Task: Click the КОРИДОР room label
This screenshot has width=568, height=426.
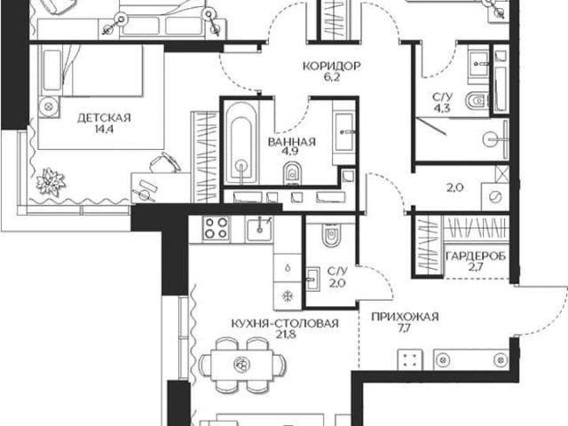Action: coord(331,67)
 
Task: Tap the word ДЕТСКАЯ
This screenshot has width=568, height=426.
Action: coord(104,118)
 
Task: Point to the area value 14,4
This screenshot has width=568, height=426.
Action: coord(105,129)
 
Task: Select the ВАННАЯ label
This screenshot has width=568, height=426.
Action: coord(292,142)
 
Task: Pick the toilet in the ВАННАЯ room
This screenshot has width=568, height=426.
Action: coord(292,173)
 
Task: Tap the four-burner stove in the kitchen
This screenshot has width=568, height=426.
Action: coord(216,228)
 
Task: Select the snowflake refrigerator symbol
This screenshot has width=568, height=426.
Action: coord(288,296)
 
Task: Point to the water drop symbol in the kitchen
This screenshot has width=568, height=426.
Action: coord(288,268)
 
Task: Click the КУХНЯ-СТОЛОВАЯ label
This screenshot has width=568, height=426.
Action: coord(285,323)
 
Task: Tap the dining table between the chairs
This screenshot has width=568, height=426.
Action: coord(241,365)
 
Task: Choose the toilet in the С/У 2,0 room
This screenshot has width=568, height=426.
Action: coord(331,235)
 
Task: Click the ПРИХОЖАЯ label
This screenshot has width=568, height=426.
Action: coord(405,317)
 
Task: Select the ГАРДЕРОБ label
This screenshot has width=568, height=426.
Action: coord(476,256)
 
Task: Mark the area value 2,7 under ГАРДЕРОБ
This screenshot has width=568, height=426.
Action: coord(476,267)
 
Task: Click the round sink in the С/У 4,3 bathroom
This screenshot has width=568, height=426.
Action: coord(492,139)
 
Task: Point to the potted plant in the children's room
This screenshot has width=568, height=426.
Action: coord(50,181)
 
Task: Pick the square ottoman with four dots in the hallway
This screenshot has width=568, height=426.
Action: coord(410,359)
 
